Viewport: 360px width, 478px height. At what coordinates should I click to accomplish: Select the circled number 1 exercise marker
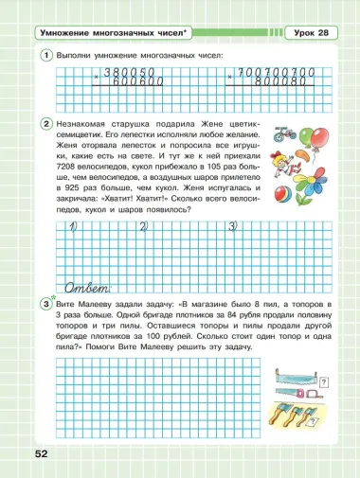[45, 56]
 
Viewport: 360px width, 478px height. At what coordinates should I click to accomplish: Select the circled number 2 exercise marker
[45, 124]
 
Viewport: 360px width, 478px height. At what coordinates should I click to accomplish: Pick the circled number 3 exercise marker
[45, 303]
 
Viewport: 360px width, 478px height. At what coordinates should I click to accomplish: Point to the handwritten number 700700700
[275, 72]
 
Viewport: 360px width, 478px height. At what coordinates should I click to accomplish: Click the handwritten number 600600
[138, 81]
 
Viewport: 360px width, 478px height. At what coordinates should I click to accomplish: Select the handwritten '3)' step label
[234, 226]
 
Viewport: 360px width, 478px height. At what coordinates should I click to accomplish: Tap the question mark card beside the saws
[325, 381]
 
